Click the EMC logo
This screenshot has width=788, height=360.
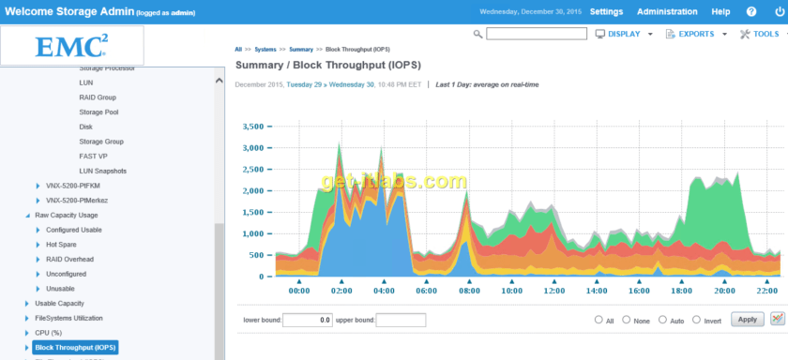[x=71, y=46]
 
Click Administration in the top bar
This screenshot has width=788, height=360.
[x=667, y=12]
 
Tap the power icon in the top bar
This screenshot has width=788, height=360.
[x=777, y=12]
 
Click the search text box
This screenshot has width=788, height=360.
[x=536, y=34]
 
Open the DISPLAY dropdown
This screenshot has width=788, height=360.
[x=624, y=34]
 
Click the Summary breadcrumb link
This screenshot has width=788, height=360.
[x=301, y=48]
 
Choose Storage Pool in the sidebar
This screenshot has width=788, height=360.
[x=98, y=112]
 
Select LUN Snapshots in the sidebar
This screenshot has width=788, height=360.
[x=102, y=171]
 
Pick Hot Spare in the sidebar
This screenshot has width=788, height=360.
[x=62, y=245]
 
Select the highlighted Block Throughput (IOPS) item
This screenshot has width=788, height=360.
[x=75, y=348]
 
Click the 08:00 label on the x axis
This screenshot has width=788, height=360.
[x=469, y=291]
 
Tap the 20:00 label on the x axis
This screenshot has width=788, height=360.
[x=724, y=291]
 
